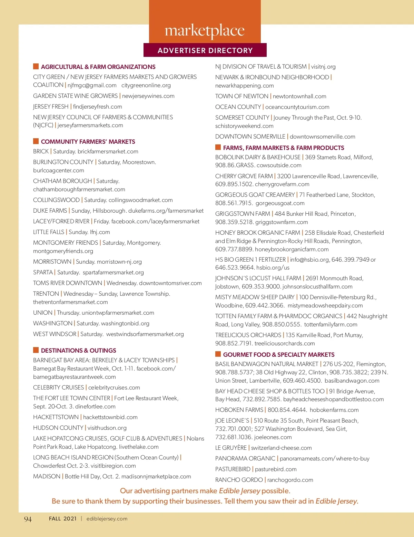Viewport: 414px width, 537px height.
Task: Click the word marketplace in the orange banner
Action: tap(205, 31)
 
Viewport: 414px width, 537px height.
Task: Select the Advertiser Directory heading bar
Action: tap(205, 50)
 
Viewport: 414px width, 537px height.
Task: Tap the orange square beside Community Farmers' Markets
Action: tap(36, 141)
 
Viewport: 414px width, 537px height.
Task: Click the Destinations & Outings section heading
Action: tap(78, 351)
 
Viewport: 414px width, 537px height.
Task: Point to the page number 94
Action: tap(28, 519)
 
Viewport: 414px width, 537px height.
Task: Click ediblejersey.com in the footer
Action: tap(107, 519)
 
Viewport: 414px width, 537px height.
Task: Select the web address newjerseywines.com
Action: tap(148, 96)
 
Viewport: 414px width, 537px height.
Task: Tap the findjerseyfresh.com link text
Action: tap(98, 107)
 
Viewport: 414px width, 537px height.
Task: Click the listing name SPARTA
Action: tap(43, 273)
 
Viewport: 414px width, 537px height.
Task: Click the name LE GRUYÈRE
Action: tap(231, 448)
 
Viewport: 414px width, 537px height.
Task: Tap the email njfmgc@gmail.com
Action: tap(92, 85)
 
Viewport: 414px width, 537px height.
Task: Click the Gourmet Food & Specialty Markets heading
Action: tap(279, 355)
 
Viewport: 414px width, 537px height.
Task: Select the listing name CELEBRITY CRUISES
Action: tap(59, 388)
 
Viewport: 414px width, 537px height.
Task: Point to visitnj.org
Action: tap(323, 67)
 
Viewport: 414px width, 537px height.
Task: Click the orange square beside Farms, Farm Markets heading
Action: tap(218, 148)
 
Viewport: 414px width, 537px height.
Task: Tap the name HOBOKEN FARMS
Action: tap(239, 410)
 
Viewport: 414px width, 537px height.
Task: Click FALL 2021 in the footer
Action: tap(63, 519)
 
